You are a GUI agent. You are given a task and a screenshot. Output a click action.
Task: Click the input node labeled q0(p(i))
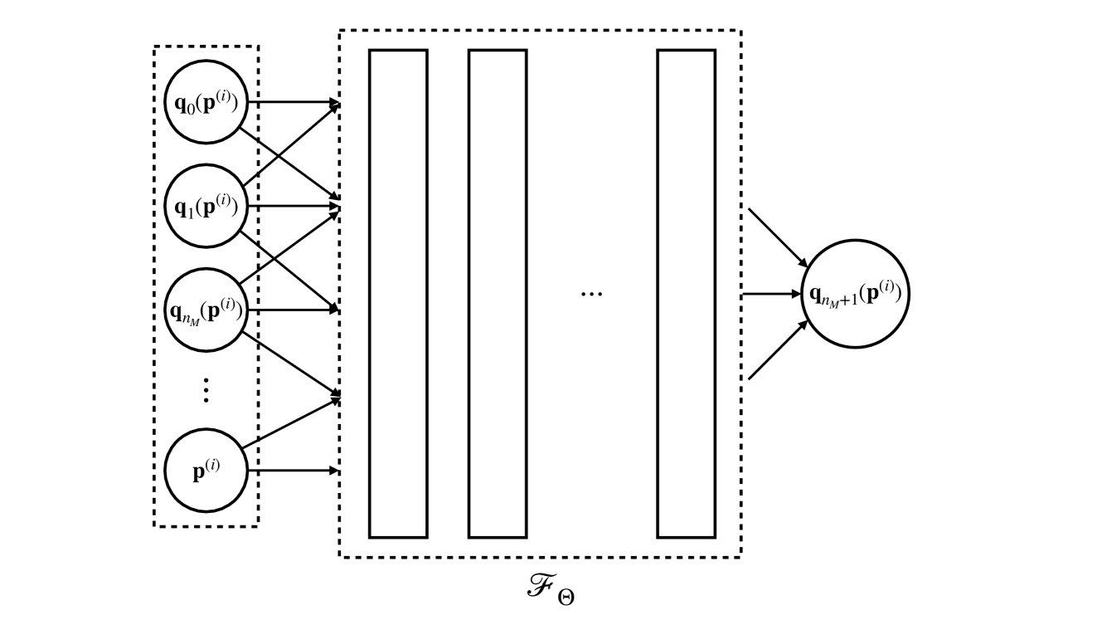pos(206,102)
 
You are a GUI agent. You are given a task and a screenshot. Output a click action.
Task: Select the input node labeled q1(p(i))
pos(206,205)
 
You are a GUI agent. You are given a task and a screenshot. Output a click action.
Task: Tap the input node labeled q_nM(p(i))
pos(206,310)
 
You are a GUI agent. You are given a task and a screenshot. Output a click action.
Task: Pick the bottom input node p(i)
pos(206,470)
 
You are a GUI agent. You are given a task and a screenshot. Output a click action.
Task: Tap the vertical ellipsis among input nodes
pos(206,389)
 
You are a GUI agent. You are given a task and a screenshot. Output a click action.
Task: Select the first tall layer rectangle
pos(398,294)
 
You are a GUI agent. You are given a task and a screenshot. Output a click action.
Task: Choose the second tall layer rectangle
pos(498,294)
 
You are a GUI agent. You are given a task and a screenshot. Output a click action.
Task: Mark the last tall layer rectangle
pos(686,294)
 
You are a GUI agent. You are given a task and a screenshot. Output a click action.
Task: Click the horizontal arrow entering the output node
pos(771,294)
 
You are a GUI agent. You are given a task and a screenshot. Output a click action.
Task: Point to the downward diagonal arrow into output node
pos(777,237)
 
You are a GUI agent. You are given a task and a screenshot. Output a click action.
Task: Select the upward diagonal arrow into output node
pos(777,351)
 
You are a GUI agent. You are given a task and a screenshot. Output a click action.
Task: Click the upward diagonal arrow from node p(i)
pos(290,422)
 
